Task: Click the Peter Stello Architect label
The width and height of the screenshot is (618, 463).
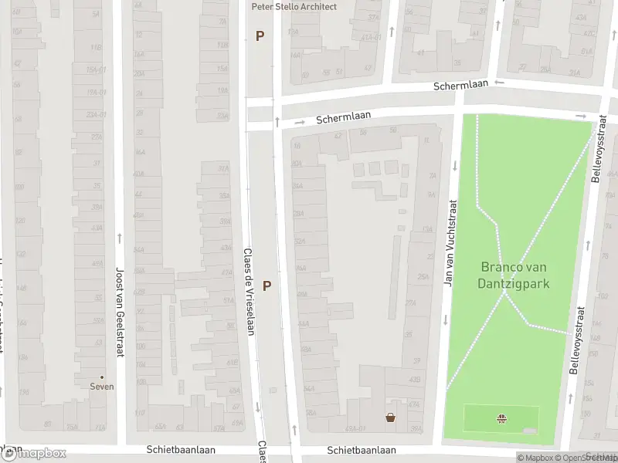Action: click(294, 6)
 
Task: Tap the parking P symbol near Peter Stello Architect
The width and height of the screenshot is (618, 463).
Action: click(260, 35)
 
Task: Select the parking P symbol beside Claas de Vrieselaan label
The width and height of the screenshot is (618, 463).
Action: click(267, 286)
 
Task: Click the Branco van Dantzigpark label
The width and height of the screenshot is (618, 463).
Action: click(514, 275)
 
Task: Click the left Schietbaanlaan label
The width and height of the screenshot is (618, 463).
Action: click(181, 449)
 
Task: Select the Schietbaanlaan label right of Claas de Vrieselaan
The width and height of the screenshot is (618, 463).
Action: click(362, 449)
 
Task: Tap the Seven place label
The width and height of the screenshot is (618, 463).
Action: click(102, 387)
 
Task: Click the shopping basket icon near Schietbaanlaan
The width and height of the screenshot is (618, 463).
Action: click(391, 417)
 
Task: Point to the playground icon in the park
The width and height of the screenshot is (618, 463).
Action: click(501, 419)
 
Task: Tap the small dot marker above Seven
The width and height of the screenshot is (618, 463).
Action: click(102, 377)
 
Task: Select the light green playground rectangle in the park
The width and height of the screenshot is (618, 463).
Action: click(479, 419)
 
